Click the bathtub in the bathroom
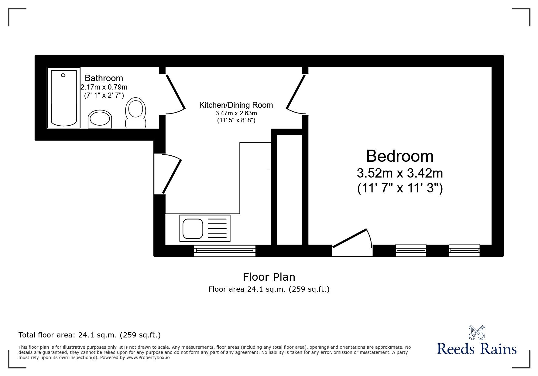[x=63, y=98]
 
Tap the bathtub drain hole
[x=63, y=75]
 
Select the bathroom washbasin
[x=100, y=119]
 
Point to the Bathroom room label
[x=104, y=78]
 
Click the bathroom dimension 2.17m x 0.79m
[x=104, y=87]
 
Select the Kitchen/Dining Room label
[x=236, y=105]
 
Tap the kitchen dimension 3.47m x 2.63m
[x=236, y=113]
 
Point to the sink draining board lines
[x=217, y=228]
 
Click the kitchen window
[x=224, y=250]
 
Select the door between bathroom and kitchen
[x=175, y=93]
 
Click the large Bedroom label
[x=399, y=156]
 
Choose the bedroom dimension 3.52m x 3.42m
[x=399, y=174]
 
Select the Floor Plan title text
[x=269, y=277]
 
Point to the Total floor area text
[x=90, y=335]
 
